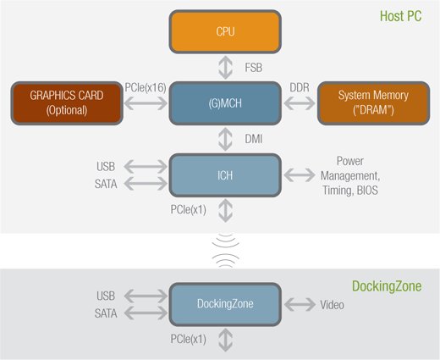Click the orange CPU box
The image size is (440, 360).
(225, 31)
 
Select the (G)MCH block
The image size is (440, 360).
(225, 103)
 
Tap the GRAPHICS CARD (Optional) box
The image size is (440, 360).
(67, 103)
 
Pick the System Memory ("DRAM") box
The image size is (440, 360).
(373, 103)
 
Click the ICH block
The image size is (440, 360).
(225, 175)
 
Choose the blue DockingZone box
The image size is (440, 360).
(225, 304)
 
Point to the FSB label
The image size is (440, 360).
(254, 68)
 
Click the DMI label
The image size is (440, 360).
(254, 139)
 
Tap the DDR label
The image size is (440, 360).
(300, 87)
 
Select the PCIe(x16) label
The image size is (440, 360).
(146, 88)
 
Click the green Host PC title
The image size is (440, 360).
(401, 16)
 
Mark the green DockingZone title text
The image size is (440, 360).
(387, 286)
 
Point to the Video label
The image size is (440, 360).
(332, 305)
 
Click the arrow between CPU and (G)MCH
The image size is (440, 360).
(226, 68)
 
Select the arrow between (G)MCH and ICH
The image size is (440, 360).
(226, 139)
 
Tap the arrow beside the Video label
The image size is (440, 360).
(300, 304)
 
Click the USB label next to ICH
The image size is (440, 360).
(106, 167)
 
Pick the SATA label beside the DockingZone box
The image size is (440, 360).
(106, 313)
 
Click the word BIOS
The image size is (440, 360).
(367, 191)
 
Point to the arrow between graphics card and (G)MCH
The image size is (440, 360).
(146, 103)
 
